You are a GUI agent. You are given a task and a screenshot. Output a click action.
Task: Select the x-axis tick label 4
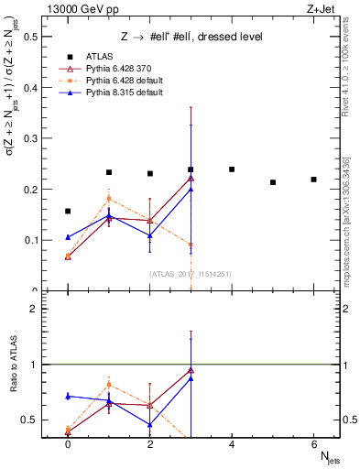pos(232,444)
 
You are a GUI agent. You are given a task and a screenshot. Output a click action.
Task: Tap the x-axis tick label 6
pos(313,444)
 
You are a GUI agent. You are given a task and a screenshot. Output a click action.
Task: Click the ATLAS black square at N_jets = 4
pos(232,169)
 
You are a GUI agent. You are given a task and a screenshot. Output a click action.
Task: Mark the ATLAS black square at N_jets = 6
pos(313,180)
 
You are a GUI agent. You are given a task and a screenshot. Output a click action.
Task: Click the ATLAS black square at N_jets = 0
pos(68,212)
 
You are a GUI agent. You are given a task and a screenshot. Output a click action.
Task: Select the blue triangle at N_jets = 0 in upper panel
pos(68,237)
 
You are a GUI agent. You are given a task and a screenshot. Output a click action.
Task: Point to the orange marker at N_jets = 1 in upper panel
pos(109,198)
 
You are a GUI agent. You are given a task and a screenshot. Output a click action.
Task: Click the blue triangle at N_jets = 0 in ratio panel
pos(68,396)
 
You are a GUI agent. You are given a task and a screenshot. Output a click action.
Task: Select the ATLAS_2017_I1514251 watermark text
pos(191,274)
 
